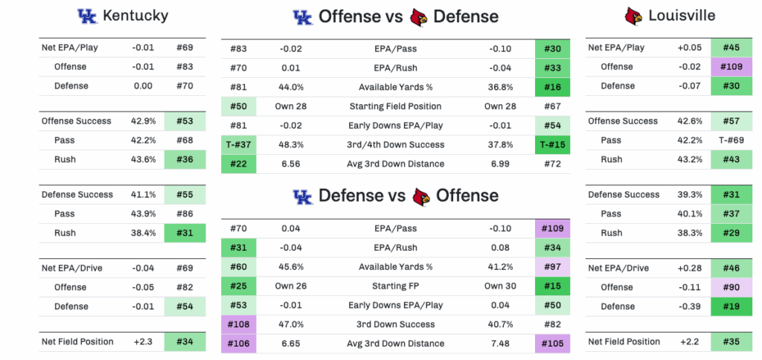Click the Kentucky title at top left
click(135, 16)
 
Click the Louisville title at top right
click(681, 16)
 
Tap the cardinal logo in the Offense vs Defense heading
click(419, 16)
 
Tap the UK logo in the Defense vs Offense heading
click(302, 196)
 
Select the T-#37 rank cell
click(239, 145)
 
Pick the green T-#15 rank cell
click(552, 145)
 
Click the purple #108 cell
click(239, 324)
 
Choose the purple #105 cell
click(552, 344)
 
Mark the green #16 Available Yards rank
click(552, 87)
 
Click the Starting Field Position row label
click(395, 106)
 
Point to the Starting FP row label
click(395, 286)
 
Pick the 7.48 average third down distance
click(500, 344)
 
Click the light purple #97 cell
click(552, 266)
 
